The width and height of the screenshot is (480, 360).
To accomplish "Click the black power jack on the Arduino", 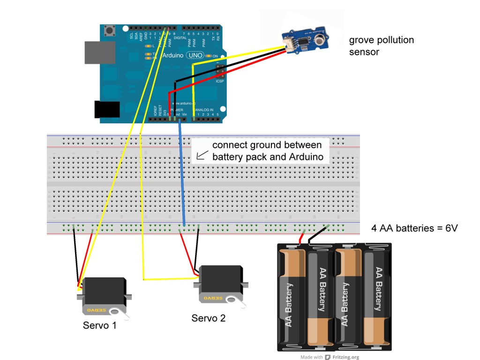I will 107,109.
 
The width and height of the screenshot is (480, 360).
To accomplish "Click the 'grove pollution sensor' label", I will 381,45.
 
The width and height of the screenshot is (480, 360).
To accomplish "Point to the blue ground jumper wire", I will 182,178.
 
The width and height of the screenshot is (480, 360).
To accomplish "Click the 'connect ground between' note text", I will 267,145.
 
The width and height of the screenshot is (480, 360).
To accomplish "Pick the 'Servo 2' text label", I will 209,318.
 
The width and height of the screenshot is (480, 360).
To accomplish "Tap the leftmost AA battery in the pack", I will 291,298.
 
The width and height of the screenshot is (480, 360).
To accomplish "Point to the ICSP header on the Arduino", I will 219,72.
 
